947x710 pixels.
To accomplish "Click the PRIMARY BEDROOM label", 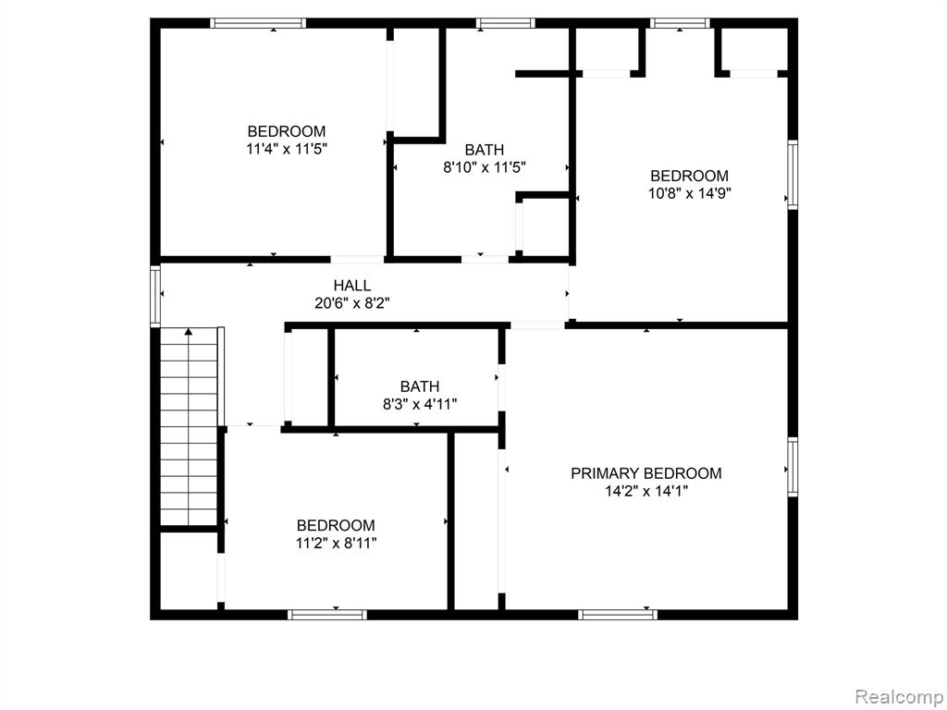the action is pyautogui.click(x=646, y=473).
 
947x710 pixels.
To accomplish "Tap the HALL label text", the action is pyautogui.click(x=352, y=285).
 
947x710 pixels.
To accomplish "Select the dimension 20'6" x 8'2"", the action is pyautogui.click(x=352, y=303).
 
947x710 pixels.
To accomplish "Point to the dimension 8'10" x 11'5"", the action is pyautogui.click(x=485, y=167).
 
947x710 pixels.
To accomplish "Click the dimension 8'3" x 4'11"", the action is pyautogui.click(x=420, y=404).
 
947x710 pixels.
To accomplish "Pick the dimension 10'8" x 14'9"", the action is pyautogui.click(x=690, y=194).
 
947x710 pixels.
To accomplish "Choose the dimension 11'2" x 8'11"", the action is pyautogui.click(x=336, y=544).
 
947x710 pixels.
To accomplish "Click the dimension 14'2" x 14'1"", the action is pyautogui.click(x=646, y=492).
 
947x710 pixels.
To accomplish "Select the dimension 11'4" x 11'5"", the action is pyautogui.click(x=287, y=149).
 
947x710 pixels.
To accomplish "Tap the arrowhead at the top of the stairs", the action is pyautogui.click(x=189, y=332).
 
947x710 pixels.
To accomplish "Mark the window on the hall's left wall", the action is pyautogui.click(x=155, y=297).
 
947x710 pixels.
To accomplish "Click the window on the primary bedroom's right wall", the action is pyautogui.click(x=793, y=467).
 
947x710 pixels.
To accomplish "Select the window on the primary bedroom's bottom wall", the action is pyautogui.click(x=617, y=615).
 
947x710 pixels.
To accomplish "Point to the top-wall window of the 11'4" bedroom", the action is pyautogui.click(x=258, y=23).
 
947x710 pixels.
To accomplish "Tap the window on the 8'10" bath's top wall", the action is pyautogui.click(x=505, y=23).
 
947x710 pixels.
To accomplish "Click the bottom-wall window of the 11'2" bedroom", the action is pyautogui.click(x=326, y=615).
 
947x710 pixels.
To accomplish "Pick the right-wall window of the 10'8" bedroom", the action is pyautogui.click(x=793, y=175).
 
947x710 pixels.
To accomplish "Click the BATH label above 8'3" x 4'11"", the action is pyautogui.click(x=420, y=386).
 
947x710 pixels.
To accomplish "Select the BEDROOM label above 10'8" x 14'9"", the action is pyautogui.click(x=690, y=176).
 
